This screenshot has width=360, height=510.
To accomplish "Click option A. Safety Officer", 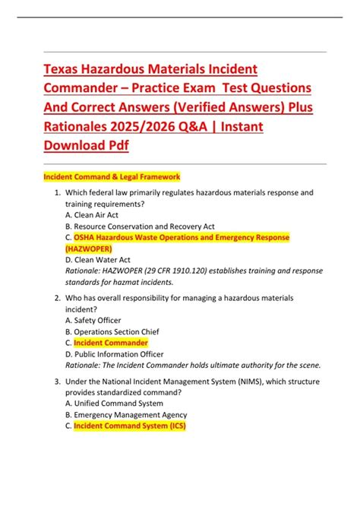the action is (x=93, y=321).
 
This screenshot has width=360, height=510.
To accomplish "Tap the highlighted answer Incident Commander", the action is (x=110, y=343).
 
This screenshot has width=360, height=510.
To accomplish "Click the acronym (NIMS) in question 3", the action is (x=245, y=382).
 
